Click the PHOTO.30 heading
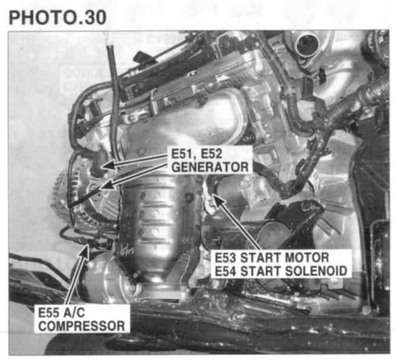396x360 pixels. pos(58,18)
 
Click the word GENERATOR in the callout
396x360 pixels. pos(210,167)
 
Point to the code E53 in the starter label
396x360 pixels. pos(225,258)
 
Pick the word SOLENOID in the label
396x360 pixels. pos(316,271)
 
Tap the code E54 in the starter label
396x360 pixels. pos(225,271)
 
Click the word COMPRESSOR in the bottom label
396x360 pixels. pos(81,326)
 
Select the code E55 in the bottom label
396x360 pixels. pos(48,313)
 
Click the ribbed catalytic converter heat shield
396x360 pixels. pos(154,222)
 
